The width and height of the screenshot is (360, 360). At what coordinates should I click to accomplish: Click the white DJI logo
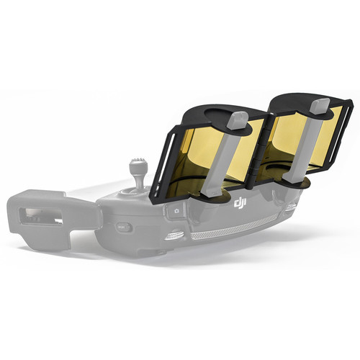click(x=240, y=204)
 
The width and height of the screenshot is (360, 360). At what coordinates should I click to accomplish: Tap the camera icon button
click(x=177, y=211)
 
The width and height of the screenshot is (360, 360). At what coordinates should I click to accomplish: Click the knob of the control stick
click(x=138, y=165)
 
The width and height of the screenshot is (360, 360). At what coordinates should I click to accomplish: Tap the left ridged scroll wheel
click(x=176, y=235)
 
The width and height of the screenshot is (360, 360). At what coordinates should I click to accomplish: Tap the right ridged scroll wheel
click(x=291, y=207)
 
